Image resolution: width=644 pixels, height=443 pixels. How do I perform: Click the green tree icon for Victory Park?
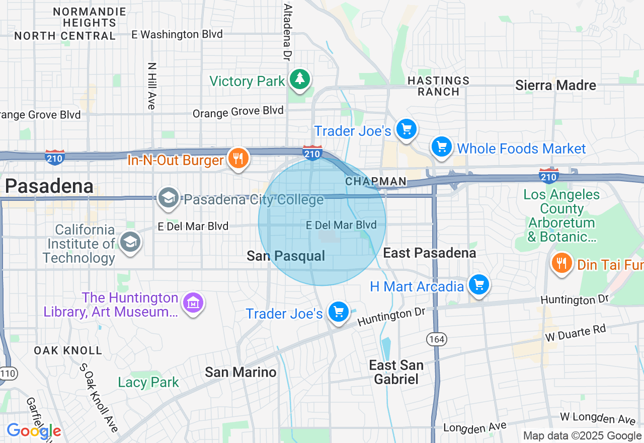point(300,79)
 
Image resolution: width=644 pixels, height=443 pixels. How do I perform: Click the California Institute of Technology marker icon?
point(130,242)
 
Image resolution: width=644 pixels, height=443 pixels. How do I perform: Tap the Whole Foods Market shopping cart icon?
point(441,147)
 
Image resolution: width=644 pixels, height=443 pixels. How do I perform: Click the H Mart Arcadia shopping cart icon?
point(478,285)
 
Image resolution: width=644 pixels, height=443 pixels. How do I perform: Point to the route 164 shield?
point(436,339)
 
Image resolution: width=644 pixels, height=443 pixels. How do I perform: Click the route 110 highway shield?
point(8,373)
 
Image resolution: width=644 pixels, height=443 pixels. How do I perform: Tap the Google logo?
point(34,431)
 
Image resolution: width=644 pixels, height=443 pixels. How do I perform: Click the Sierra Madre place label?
point(555,85)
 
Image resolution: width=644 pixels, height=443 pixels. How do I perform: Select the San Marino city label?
point(240,372)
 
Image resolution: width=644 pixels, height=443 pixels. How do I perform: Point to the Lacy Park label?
point(148,382)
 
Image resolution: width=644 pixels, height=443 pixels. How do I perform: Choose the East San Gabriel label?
point(396,372)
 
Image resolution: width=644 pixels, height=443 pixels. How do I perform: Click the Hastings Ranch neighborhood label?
point(439,86)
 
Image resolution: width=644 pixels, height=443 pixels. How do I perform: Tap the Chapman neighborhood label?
point(376,181)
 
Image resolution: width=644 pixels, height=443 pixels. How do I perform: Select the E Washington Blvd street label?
point(177,34)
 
